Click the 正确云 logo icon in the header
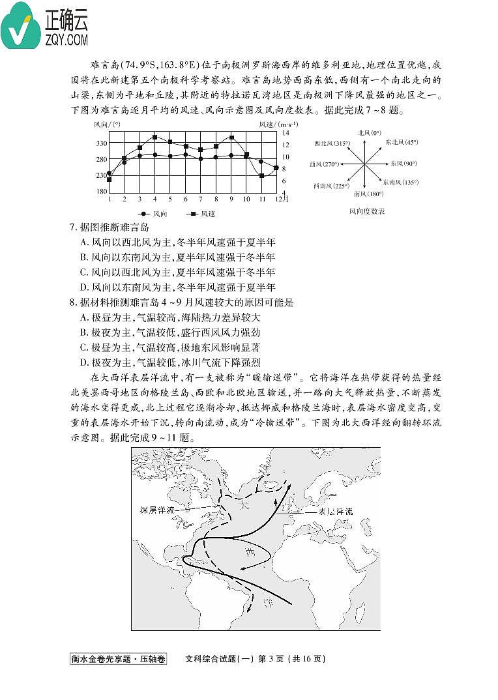point(21,26)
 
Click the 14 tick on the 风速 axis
point(286,133)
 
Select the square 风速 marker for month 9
point(232,138)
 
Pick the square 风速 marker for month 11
point(262,175)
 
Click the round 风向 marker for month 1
point(110,173)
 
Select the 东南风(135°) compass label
point(400,182)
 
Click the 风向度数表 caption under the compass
point(367,211)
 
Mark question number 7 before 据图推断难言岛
point(73,227)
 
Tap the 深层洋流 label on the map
point(157,509)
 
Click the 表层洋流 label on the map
point(335,512)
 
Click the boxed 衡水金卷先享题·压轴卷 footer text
point(118,658)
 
